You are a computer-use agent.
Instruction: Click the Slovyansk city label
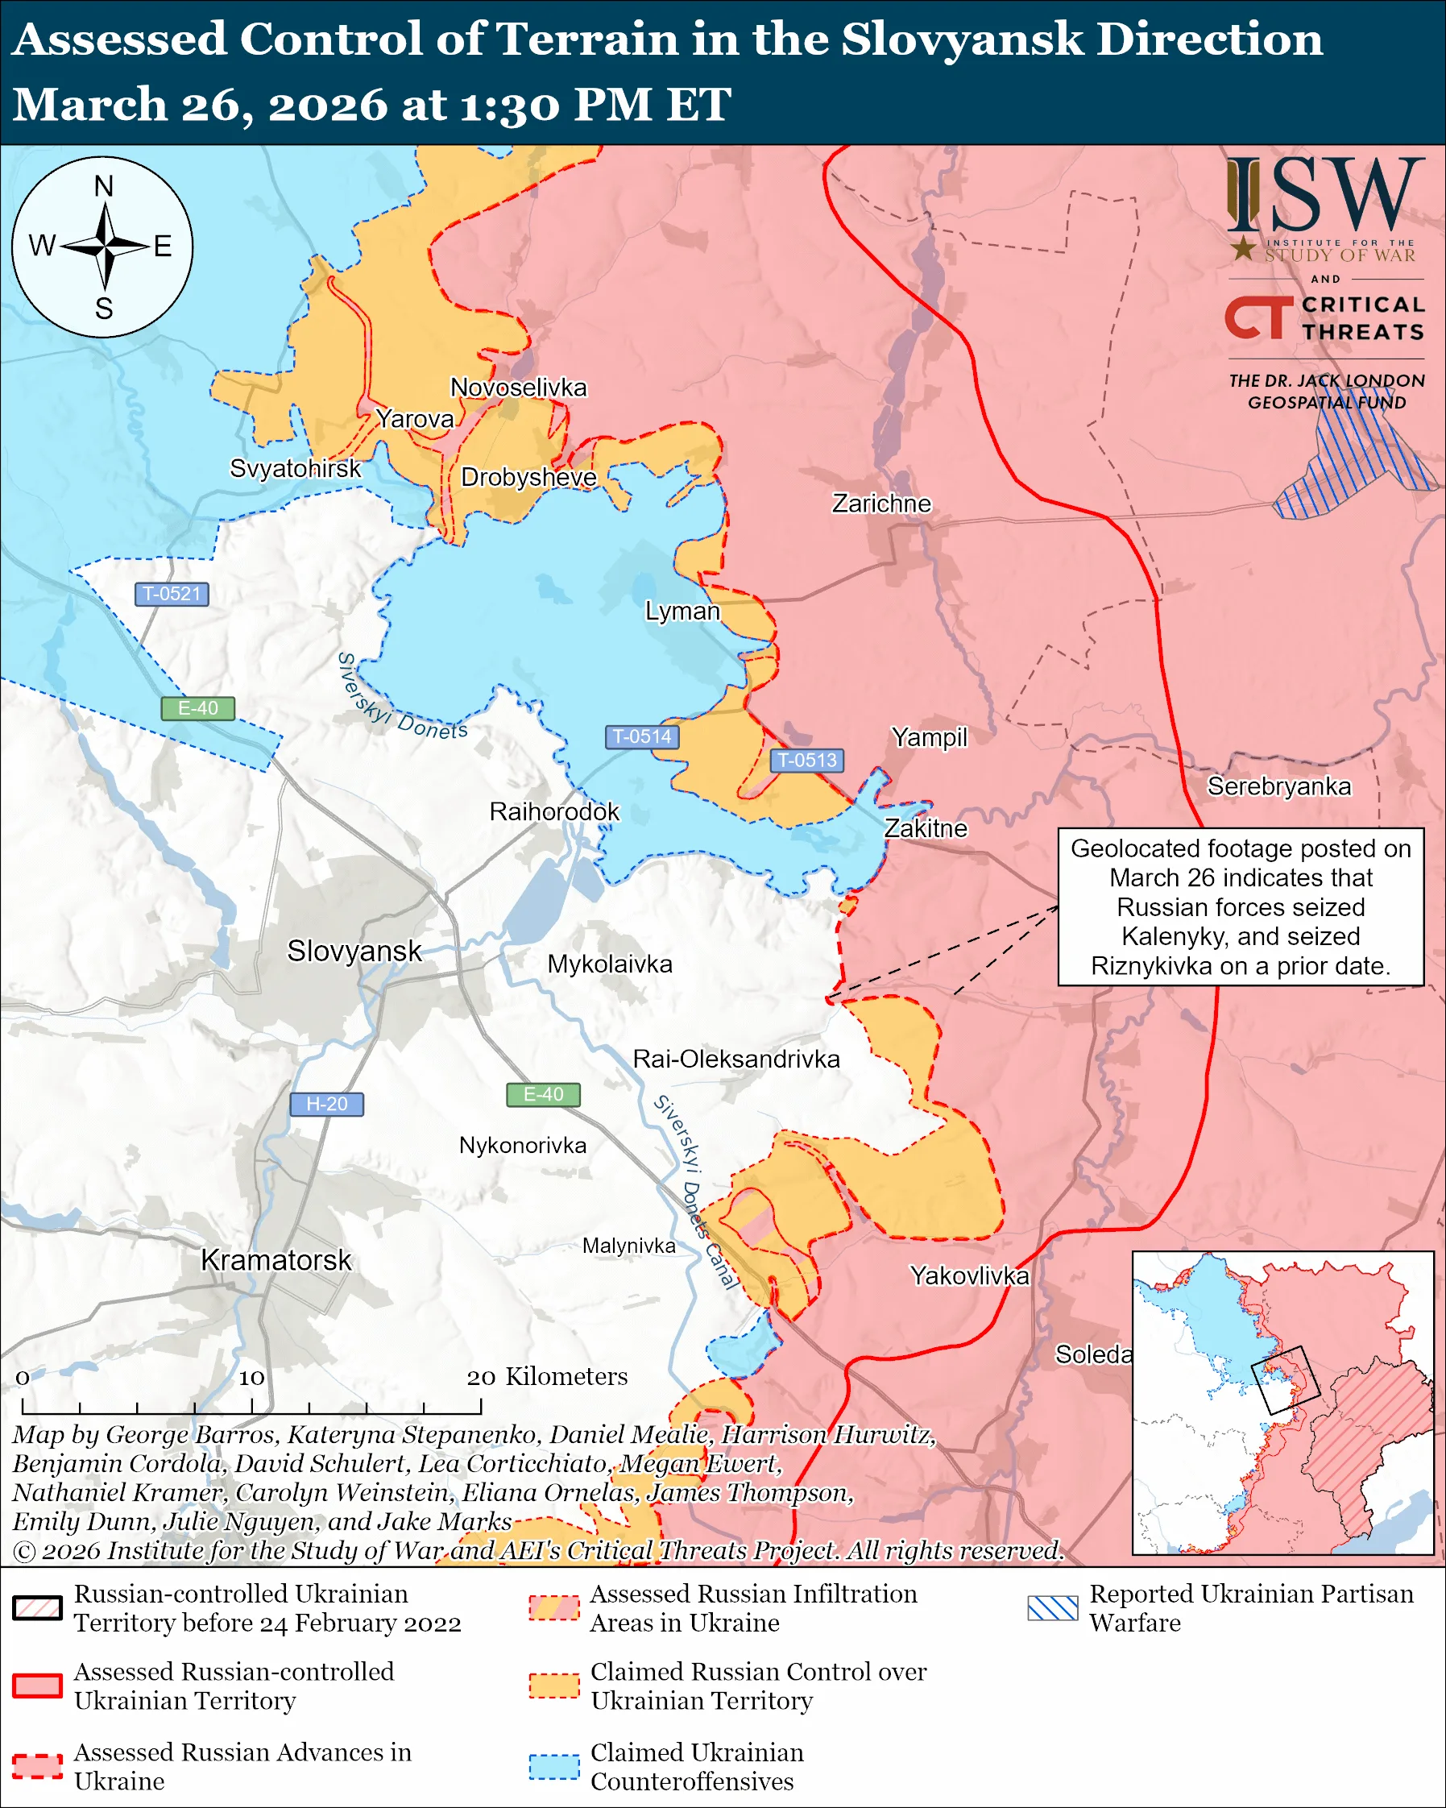pyautogui.click(x=354, y=951)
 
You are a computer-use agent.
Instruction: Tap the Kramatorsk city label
pyautogui.click(x=276, y=1259)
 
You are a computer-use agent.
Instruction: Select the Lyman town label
pyautogui.click(x=682, y=611)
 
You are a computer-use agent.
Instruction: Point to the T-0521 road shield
pyautogui.click(x=172, y=594)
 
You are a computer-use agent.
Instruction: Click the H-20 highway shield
pyautogui.click(x=326, y=1104)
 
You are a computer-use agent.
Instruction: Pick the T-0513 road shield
pyautogui.click(x=806, y=760)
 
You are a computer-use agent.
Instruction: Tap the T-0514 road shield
pyautogui.click(x=641, y=736)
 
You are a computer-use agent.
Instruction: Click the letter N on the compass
pyautogui.click(x=103, y=186)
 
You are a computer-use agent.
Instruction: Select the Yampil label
pyautogui.click(x=929, y=737)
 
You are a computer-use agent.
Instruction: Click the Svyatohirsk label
pyautogui.click(x=295, y=468)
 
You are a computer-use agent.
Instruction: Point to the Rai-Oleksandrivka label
pyautogui.click(x=736, y=1059)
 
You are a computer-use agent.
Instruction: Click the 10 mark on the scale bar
pyautogui.click(x=251, y=1378)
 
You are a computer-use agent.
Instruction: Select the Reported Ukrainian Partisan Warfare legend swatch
pyautogui.click(x=1052, y=1607)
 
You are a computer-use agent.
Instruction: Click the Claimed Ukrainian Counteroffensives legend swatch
pyautogui.click(x=554, y=1766)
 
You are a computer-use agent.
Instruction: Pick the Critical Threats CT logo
pyautogui.click(x=1259, y=317)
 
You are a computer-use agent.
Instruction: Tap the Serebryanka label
pyautogui.click(x=1278, y=786)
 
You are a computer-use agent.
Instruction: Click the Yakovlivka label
pyautogui.click(x=969, y=1275)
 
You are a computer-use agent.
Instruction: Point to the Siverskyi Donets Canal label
pyautogui.click(x=696, y=1191)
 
